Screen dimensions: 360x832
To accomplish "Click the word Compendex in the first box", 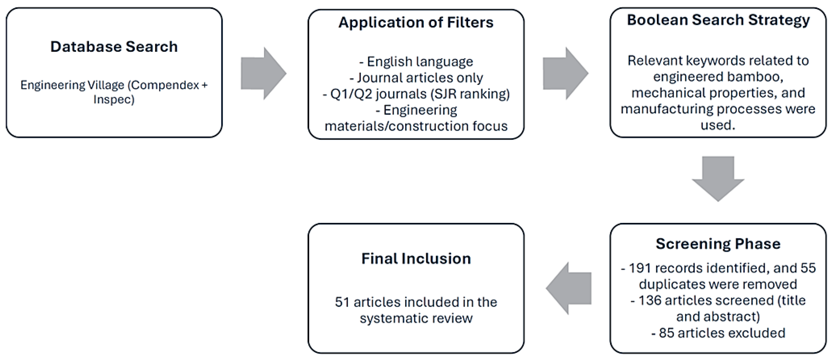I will (165, 85).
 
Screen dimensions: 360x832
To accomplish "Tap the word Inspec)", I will (114, 99).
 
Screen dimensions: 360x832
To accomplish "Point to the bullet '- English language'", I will (416, 61).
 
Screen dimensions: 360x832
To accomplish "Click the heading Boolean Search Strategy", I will (718, 20).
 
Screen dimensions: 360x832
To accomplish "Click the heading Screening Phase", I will (718, 244).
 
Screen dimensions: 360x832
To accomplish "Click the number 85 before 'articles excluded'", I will (666, 333).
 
